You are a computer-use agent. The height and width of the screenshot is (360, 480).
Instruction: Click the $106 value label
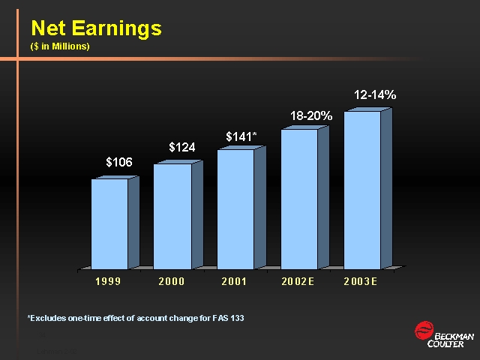(x=119, y=162)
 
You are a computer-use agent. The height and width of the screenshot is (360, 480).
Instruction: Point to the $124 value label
(x=182, y=147)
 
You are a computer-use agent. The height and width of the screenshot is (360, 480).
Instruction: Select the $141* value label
(x=241, y=136)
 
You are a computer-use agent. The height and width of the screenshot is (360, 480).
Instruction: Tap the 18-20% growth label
(x=311, y=115)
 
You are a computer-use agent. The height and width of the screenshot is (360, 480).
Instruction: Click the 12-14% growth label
(x=375, y=95)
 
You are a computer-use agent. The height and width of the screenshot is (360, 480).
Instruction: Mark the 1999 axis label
(x=108, y=281)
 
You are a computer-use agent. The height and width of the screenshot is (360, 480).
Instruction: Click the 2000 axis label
(x=172, y=281)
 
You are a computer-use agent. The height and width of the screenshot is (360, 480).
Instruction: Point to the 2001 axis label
(x=234, y=281)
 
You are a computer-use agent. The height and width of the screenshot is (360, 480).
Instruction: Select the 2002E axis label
(x=298, y=281)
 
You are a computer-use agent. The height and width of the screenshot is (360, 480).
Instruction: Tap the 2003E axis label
(x=360, y=281)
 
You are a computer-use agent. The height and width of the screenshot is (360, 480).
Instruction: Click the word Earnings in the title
(x=117, y=28)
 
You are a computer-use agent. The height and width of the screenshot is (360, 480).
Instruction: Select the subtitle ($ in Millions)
(x=60, y=46)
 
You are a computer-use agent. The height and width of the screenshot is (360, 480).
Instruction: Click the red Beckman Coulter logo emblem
(x=424, y=330)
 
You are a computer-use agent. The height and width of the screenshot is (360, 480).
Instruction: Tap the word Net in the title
(x=48, y=28)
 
